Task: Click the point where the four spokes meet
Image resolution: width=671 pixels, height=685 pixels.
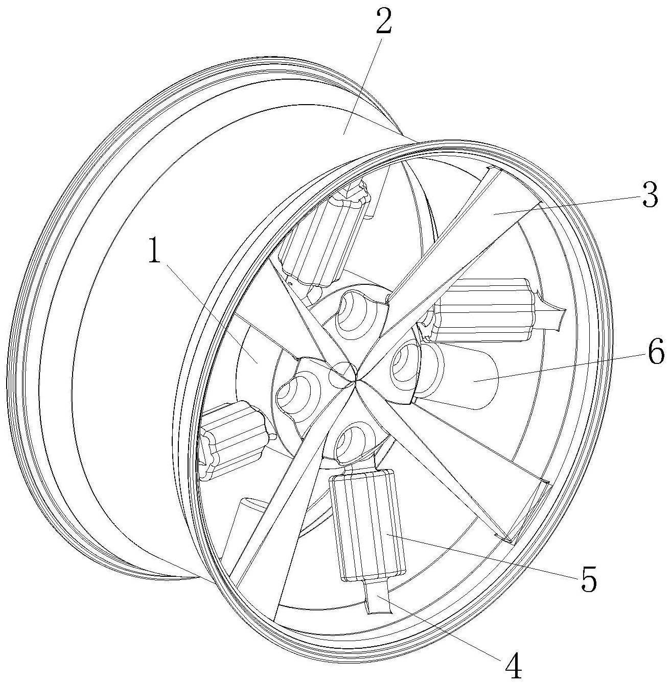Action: point(357,380)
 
